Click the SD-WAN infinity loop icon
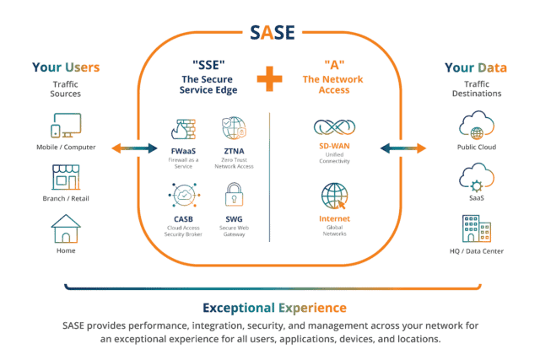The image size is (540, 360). click(x=333, y=128)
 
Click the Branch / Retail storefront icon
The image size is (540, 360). click(x=65, y=177)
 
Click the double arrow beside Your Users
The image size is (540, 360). click(x=134, y=149)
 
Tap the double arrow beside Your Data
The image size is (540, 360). click(x=403, y=149)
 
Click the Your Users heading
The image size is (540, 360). click(x=65, y=67)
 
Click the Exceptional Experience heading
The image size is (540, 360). click(x=269, y=307)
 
